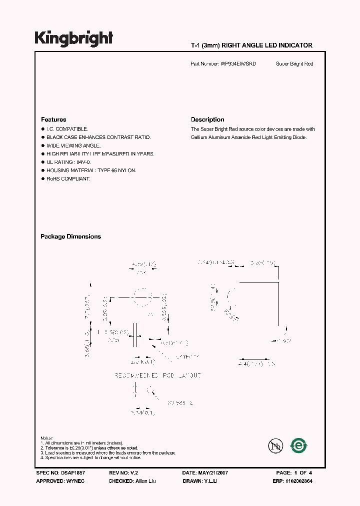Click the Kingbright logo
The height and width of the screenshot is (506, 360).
click(x=73, y=38)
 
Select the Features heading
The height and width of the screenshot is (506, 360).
click(x=53, y=119)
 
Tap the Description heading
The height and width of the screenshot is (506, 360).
click(x=207, y=119)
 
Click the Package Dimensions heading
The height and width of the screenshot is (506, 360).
click(x=70, y=236)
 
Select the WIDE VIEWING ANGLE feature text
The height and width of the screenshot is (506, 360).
click(x=73, y=145)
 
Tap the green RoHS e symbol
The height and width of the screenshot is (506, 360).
click(x=299, y=444)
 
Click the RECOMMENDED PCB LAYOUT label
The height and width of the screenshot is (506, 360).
click(x=157, y=375)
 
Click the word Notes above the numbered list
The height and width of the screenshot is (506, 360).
click(x=46, y=438)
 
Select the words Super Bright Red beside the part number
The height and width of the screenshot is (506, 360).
click(x=294, y=64)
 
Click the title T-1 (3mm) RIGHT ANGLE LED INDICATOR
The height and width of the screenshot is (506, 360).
click(x=251, y=45)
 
